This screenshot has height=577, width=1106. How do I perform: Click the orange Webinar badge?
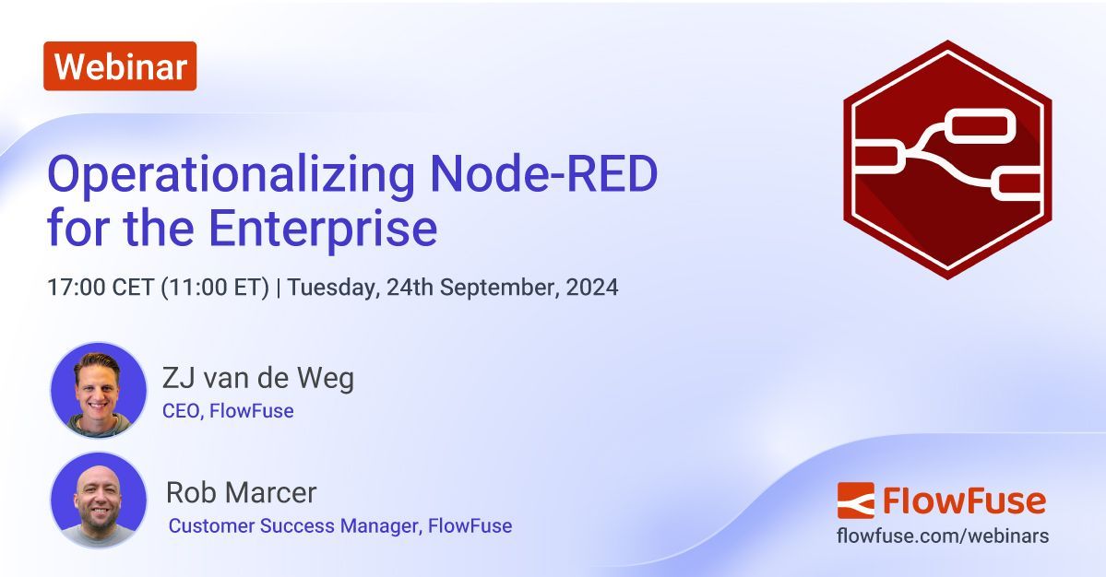point(120,66)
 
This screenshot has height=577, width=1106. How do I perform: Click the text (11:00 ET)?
point(215,287)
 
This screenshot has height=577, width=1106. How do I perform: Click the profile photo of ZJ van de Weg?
point(98,390)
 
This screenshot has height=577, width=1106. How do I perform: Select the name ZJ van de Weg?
point(257,378)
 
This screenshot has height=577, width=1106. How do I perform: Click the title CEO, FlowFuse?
point(228,411)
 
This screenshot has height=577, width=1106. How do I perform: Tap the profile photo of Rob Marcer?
point(98,500)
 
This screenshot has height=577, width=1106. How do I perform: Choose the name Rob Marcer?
point(241,492)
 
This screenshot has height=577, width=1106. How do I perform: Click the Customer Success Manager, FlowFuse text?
point(339,526)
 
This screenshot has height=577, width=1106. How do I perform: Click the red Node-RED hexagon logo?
point(947,159)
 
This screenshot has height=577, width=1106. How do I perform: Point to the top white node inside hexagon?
point(981,127)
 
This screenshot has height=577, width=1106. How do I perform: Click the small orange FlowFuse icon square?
point(855,500)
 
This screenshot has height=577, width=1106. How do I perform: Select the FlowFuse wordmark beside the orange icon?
point(964,500)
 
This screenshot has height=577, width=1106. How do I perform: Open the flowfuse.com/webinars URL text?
point(942,536)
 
